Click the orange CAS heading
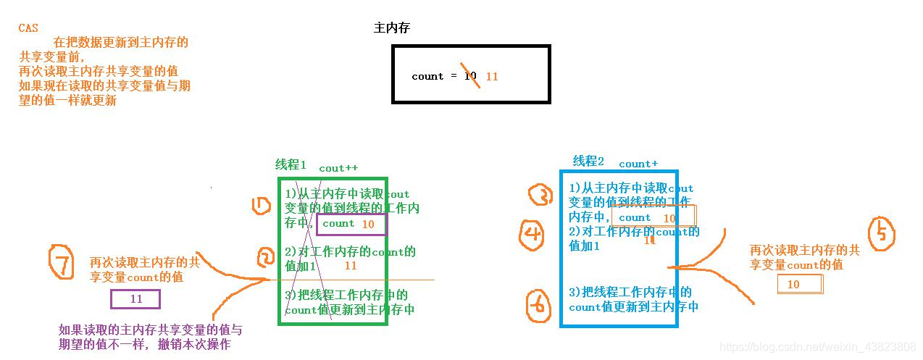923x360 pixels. pyautogui.click(x=28, y=28)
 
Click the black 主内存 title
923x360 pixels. pyautogui.click(x=392, y=28)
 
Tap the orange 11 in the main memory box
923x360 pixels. pyautogui.click(x=492, y=76)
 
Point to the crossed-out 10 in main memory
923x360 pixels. pyautogui.click(x=470, y=75)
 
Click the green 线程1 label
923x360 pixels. pyautogui.click(x=291, y=164)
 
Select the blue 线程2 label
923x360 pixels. pyautogui.click(x=588, y=161)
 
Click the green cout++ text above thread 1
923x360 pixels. pyautogui.click(x=338, y=168)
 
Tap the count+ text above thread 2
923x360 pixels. pyautogui.click(x=638, y=164)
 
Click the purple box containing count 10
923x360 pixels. pyautogui.click(x=351, y=225)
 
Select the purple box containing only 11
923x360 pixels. pyautogui.click(x=135, y=299)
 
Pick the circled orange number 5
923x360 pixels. pyautogui.click(x=882, y=233)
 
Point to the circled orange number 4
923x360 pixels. pyautogui.click(x=532, y=233)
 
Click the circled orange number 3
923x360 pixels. pyautogui.click(x=541, y=195)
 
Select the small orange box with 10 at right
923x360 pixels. pyautogui.click(x=800, y=285)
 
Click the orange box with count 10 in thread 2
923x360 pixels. pyautogui.click(x=653, y=217)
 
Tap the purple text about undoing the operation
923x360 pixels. pyautogui.click(x=150, y=337)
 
